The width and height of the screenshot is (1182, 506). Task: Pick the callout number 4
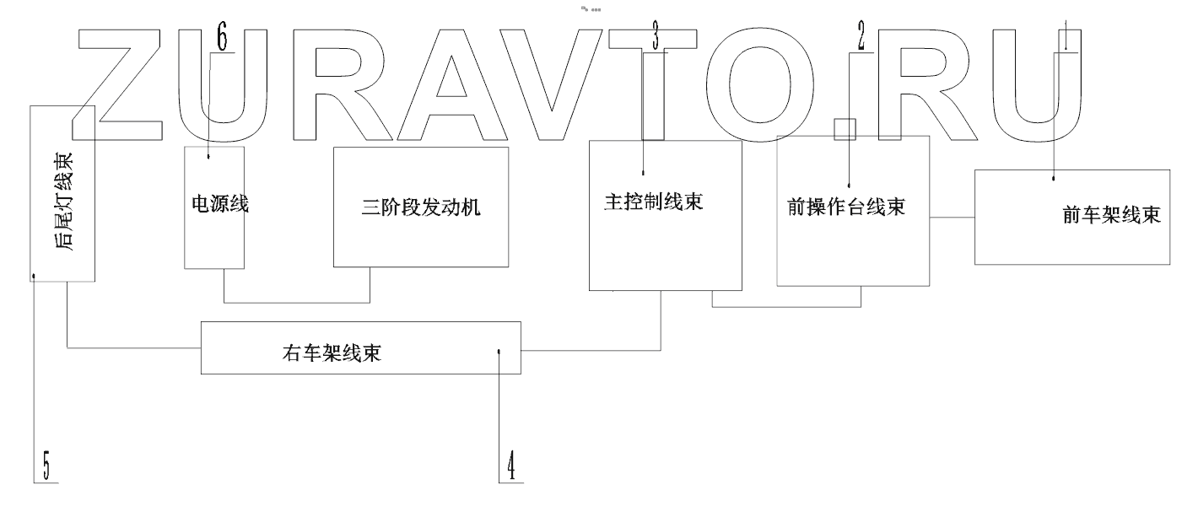coord(510,466)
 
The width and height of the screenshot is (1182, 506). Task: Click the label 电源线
coord(214,204)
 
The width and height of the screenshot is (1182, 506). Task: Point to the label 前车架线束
coord(1111,215)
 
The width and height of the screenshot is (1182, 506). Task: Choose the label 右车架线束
coord(331,353)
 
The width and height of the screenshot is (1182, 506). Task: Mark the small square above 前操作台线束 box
coord(845,129)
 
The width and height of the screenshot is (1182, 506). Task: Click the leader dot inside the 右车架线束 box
coord(499,353)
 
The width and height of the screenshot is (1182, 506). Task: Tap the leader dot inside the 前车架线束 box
coord(1055,179)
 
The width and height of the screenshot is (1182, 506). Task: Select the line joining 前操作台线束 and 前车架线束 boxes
coord(952,218)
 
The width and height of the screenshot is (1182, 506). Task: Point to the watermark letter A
coord(451,84)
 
